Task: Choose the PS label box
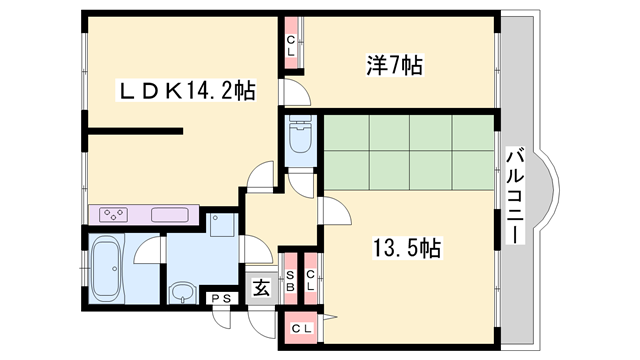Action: click(221, 298)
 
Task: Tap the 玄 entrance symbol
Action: click(259, 289)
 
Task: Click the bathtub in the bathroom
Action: click(104, 265)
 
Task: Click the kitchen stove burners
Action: click(113, 214)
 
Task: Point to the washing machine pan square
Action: click(222, 225)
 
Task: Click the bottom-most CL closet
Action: click(300, 328)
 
